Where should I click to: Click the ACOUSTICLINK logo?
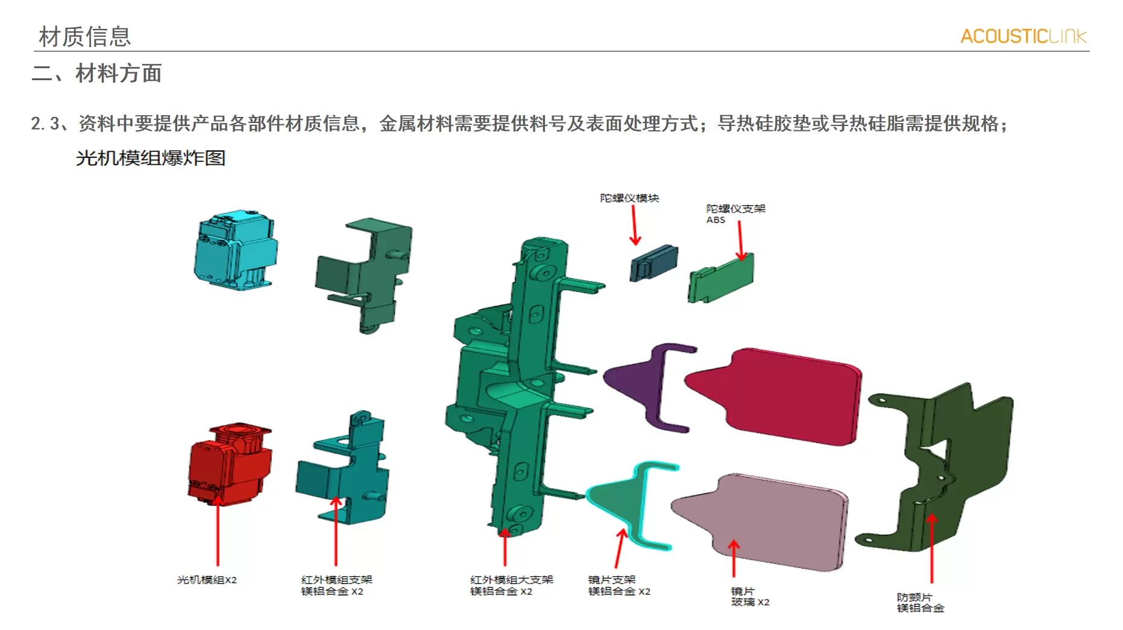1023,36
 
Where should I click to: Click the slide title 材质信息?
84,37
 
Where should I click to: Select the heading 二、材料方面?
96,74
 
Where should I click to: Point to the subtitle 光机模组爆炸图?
151,158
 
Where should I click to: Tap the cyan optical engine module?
235,250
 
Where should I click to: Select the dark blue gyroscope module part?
653,263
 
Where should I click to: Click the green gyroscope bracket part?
721,279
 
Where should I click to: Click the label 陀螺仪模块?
629,198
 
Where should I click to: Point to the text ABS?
716,220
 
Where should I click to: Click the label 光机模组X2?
207,580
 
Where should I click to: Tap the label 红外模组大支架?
511,580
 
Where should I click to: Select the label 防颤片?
914,597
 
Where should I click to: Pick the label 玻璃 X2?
750,602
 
